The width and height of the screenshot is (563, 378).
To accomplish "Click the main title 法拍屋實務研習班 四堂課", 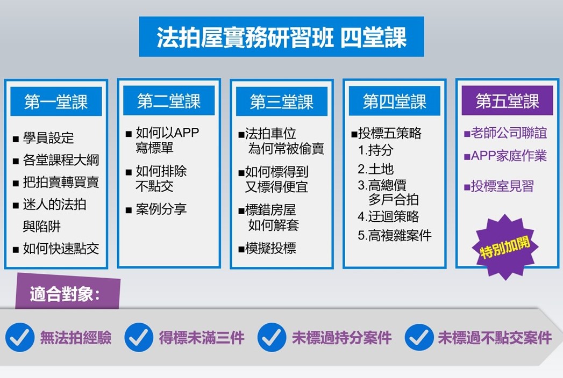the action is (282, 37).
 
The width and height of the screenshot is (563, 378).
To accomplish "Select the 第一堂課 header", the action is (56, 101).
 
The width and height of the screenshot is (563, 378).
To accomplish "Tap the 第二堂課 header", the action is (169, 101).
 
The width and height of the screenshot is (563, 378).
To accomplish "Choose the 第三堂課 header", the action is (282, 101).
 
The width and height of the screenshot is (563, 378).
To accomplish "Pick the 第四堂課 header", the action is (394, 101).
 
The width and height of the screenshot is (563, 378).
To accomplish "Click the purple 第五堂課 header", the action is (507, 101).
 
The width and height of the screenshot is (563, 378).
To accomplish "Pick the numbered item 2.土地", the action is (375, 169).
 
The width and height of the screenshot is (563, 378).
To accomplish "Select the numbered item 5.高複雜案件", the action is (395, 236).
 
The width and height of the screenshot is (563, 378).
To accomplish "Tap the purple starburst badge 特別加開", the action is (506, 247).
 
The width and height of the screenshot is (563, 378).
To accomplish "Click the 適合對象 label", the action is (65, 294).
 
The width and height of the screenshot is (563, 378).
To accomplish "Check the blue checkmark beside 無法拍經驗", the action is (20, 337).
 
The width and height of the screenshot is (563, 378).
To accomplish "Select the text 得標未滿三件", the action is (202, 338).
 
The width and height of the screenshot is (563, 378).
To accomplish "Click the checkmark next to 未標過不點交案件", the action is (419, 337).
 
